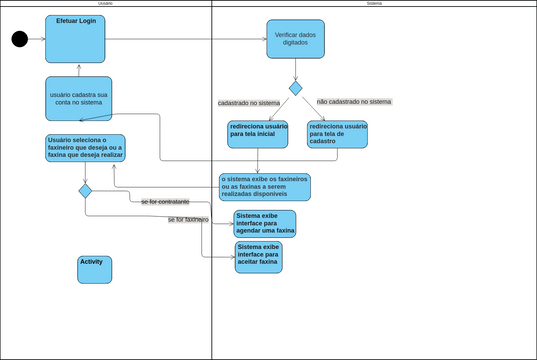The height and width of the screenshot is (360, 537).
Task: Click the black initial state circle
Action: coord(19,39)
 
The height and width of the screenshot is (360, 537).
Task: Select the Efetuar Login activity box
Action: coord(75,39)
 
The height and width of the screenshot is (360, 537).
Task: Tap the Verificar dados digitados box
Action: coord(295,39)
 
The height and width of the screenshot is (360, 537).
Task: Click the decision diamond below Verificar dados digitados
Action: coord(295,88)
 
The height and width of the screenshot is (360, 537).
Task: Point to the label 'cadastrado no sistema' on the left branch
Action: coord(249,103)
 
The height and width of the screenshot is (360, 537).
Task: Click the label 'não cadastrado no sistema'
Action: coord(354,102)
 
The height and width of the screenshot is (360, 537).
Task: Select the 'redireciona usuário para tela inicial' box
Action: coord(258,134)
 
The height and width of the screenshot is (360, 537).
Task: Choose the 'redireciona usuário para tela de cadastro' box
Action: coord(337,134)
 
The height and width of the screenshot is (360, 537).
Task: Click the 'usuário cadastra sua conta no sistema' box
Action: coord(78,98)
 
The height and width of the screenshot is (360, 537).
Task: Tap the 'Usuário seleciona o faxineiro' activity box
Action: coord(85,147)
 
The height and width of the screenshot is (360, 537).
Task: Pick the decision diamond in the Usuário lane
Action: coord(85,191)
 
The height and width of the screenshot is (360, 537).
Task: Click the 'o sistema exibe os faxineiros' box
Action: coord(265,186)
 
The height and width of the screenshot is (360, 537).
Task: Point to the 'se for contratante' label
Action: coord(165,202)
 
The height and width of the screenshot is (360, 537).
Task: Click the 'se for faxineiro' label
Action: coord(187,219)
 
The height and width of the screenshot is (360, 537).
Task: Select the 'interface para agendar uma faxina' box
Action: coord(264,223)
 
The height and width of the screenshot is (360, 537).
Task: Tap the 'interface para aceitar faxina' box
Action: coord(258,257)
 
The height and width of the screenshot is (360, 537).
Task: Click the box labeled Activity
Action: coord(95,269)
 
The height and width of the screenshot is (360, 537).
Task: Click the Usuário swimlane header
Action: coord(105,4)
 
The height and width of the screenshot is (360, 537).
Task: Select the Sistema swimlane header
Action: coord(374,4)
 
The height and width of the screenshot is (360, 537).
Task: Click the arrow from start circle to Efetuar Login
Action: coord(36,39)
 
